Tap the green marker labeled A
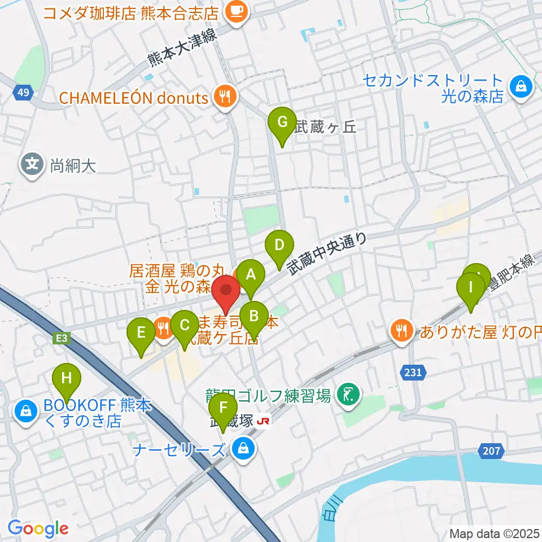[250, 276]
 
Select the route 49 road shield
[21, 92]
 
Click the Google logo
[38, 528]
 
